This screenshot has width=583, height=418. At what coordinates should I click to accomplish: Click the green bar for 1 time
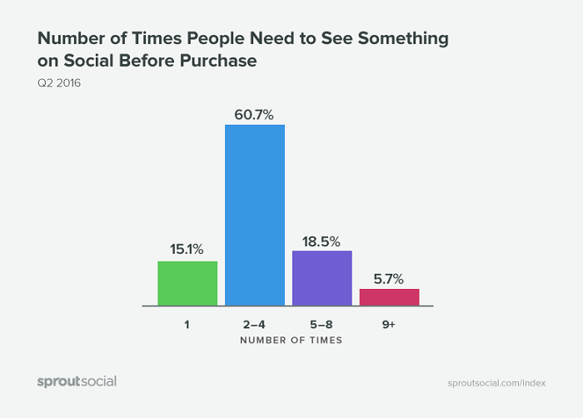[x=187, y=283]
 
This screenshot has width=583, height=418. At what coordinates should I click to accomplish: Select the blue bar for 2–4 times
[x=255, y=215]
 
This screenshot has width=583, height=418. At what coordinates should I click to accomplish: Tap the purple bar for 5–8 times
[x=321, y=278]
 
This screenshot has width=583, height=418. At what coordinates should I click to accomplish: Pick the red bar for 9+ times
[x=389, y=297]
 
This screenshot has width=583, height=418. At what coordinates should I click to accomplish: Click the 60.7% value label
[x=255, y=112]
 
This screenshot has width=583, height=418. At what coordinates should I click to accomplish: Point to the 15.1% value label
[x=187, y=248]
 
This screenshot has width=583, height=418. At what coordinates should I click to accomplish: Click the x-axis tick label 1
[x=187, y=323]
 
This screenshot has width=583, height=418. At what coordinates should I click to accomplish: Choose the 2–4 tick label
[x=255, y=323]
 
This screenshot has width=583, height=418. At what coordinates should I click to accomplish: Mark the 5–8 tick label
[x=321, y=323]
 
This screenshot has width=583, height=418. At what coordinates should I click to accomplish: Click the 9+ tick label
[x=389, y=323]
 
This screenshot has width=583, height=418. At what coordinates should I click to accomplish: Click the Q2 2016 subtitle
[x=57, y=82]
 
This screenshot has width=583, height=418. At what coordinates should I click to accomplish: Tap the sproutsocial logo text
[x=77, y=381]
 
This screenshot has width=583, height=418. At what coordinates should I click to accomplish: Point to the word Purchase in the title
[x=226, y=61]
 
